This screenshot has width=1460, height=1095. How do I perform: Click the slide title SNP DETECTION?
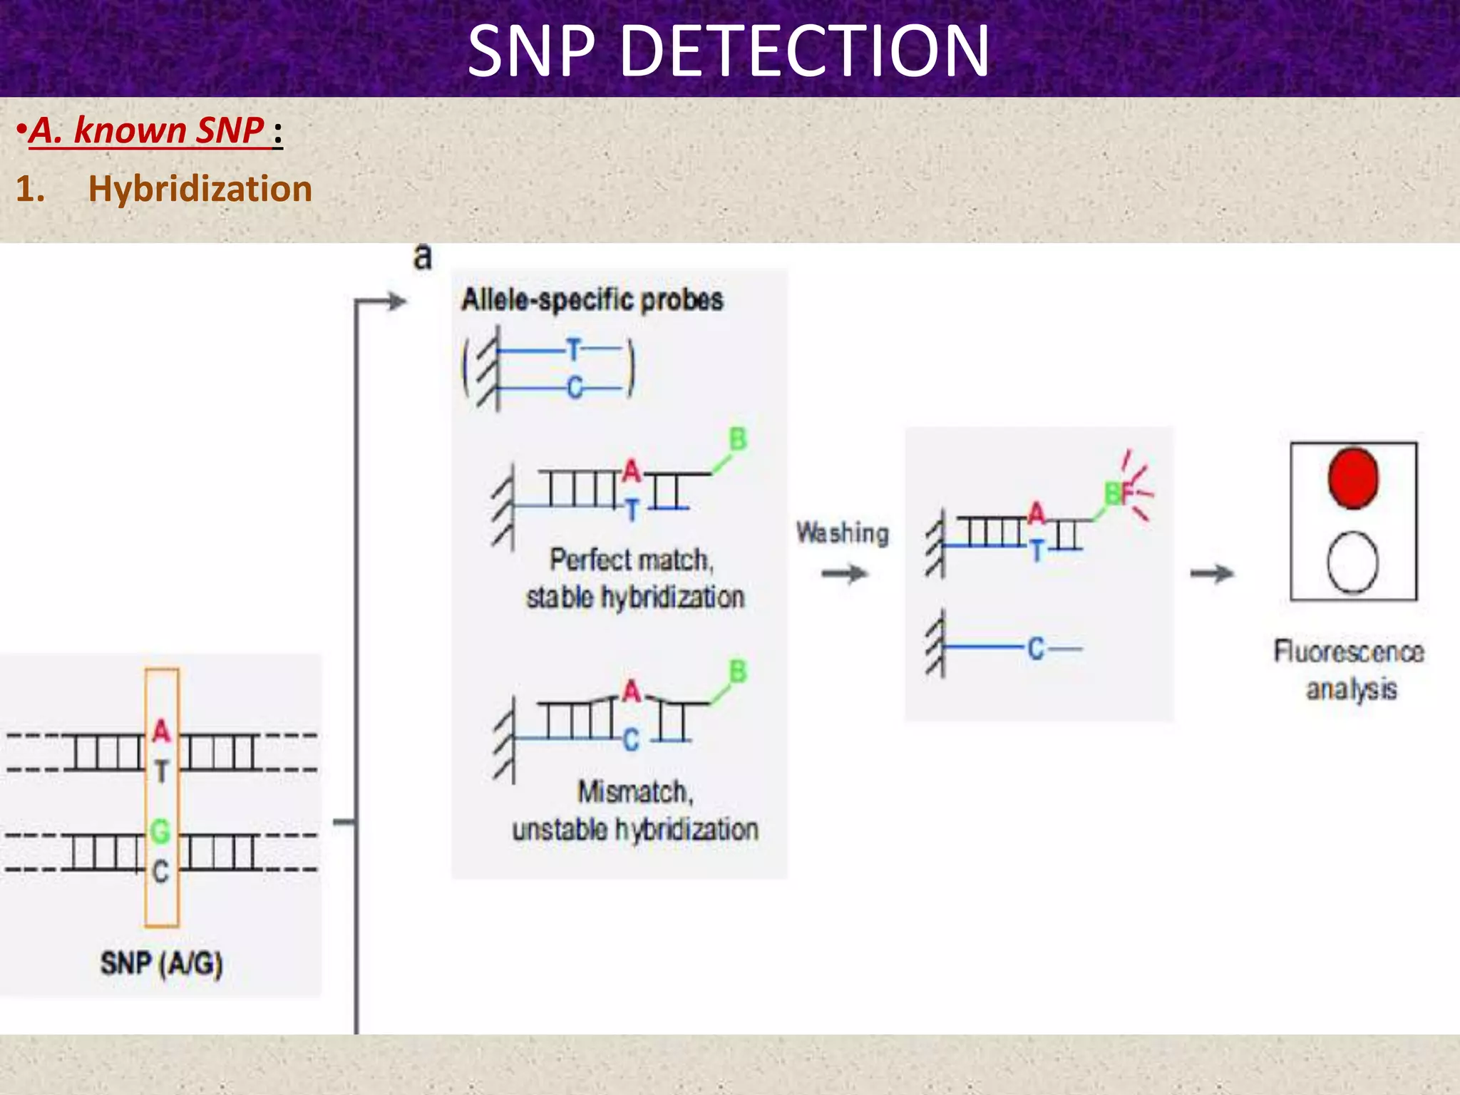tap(729, 51)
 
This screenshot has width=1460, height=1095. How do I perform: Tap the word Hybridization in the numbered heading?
tap(200, 190)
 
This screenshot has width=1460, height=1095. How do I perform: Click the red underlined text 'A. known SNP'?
tap(147, 131)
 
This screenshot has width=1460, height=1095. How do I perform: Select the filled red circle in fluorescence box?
tap(1353, 478)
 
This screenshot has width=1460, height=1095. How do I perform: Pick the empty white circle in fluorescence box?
tap(1352, 562)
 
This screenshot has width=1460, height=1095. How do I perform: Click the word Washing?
tap(843, 533)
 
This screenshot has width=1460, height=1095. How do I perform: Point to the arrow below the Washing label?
tap(844, 573)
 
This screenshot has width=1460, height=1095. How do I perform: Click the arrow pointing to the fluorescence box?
tap(1212, 573)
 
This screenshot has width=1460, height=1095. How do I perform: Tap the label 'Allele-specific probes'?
tap(592, 300)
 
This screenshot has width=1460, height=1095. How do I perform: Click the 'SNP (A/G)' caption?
tap(161, 964)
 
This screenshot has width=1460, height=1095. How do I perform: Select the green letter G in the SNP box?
tap(160, 831)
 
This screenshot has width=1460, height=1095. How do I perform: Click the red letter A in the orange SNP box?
tap(162, 731)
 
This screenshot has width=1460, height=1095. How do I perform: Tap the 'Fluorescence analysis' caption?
tap(1350, 670)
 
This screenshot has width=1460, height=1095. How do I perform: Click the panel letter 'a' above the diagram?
tap(423, 257)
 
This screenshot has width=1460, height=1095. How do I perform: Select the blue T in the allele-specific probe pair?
tap(574, 350)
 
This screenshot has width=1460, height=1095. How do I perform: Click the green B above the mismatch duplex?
tap(738, 672)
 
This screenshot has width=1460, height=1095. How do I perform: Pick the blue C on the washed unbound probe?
tap(1036, 649)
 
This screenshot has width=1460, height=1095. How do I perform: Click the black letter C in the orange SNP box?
tap(161, 871)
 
